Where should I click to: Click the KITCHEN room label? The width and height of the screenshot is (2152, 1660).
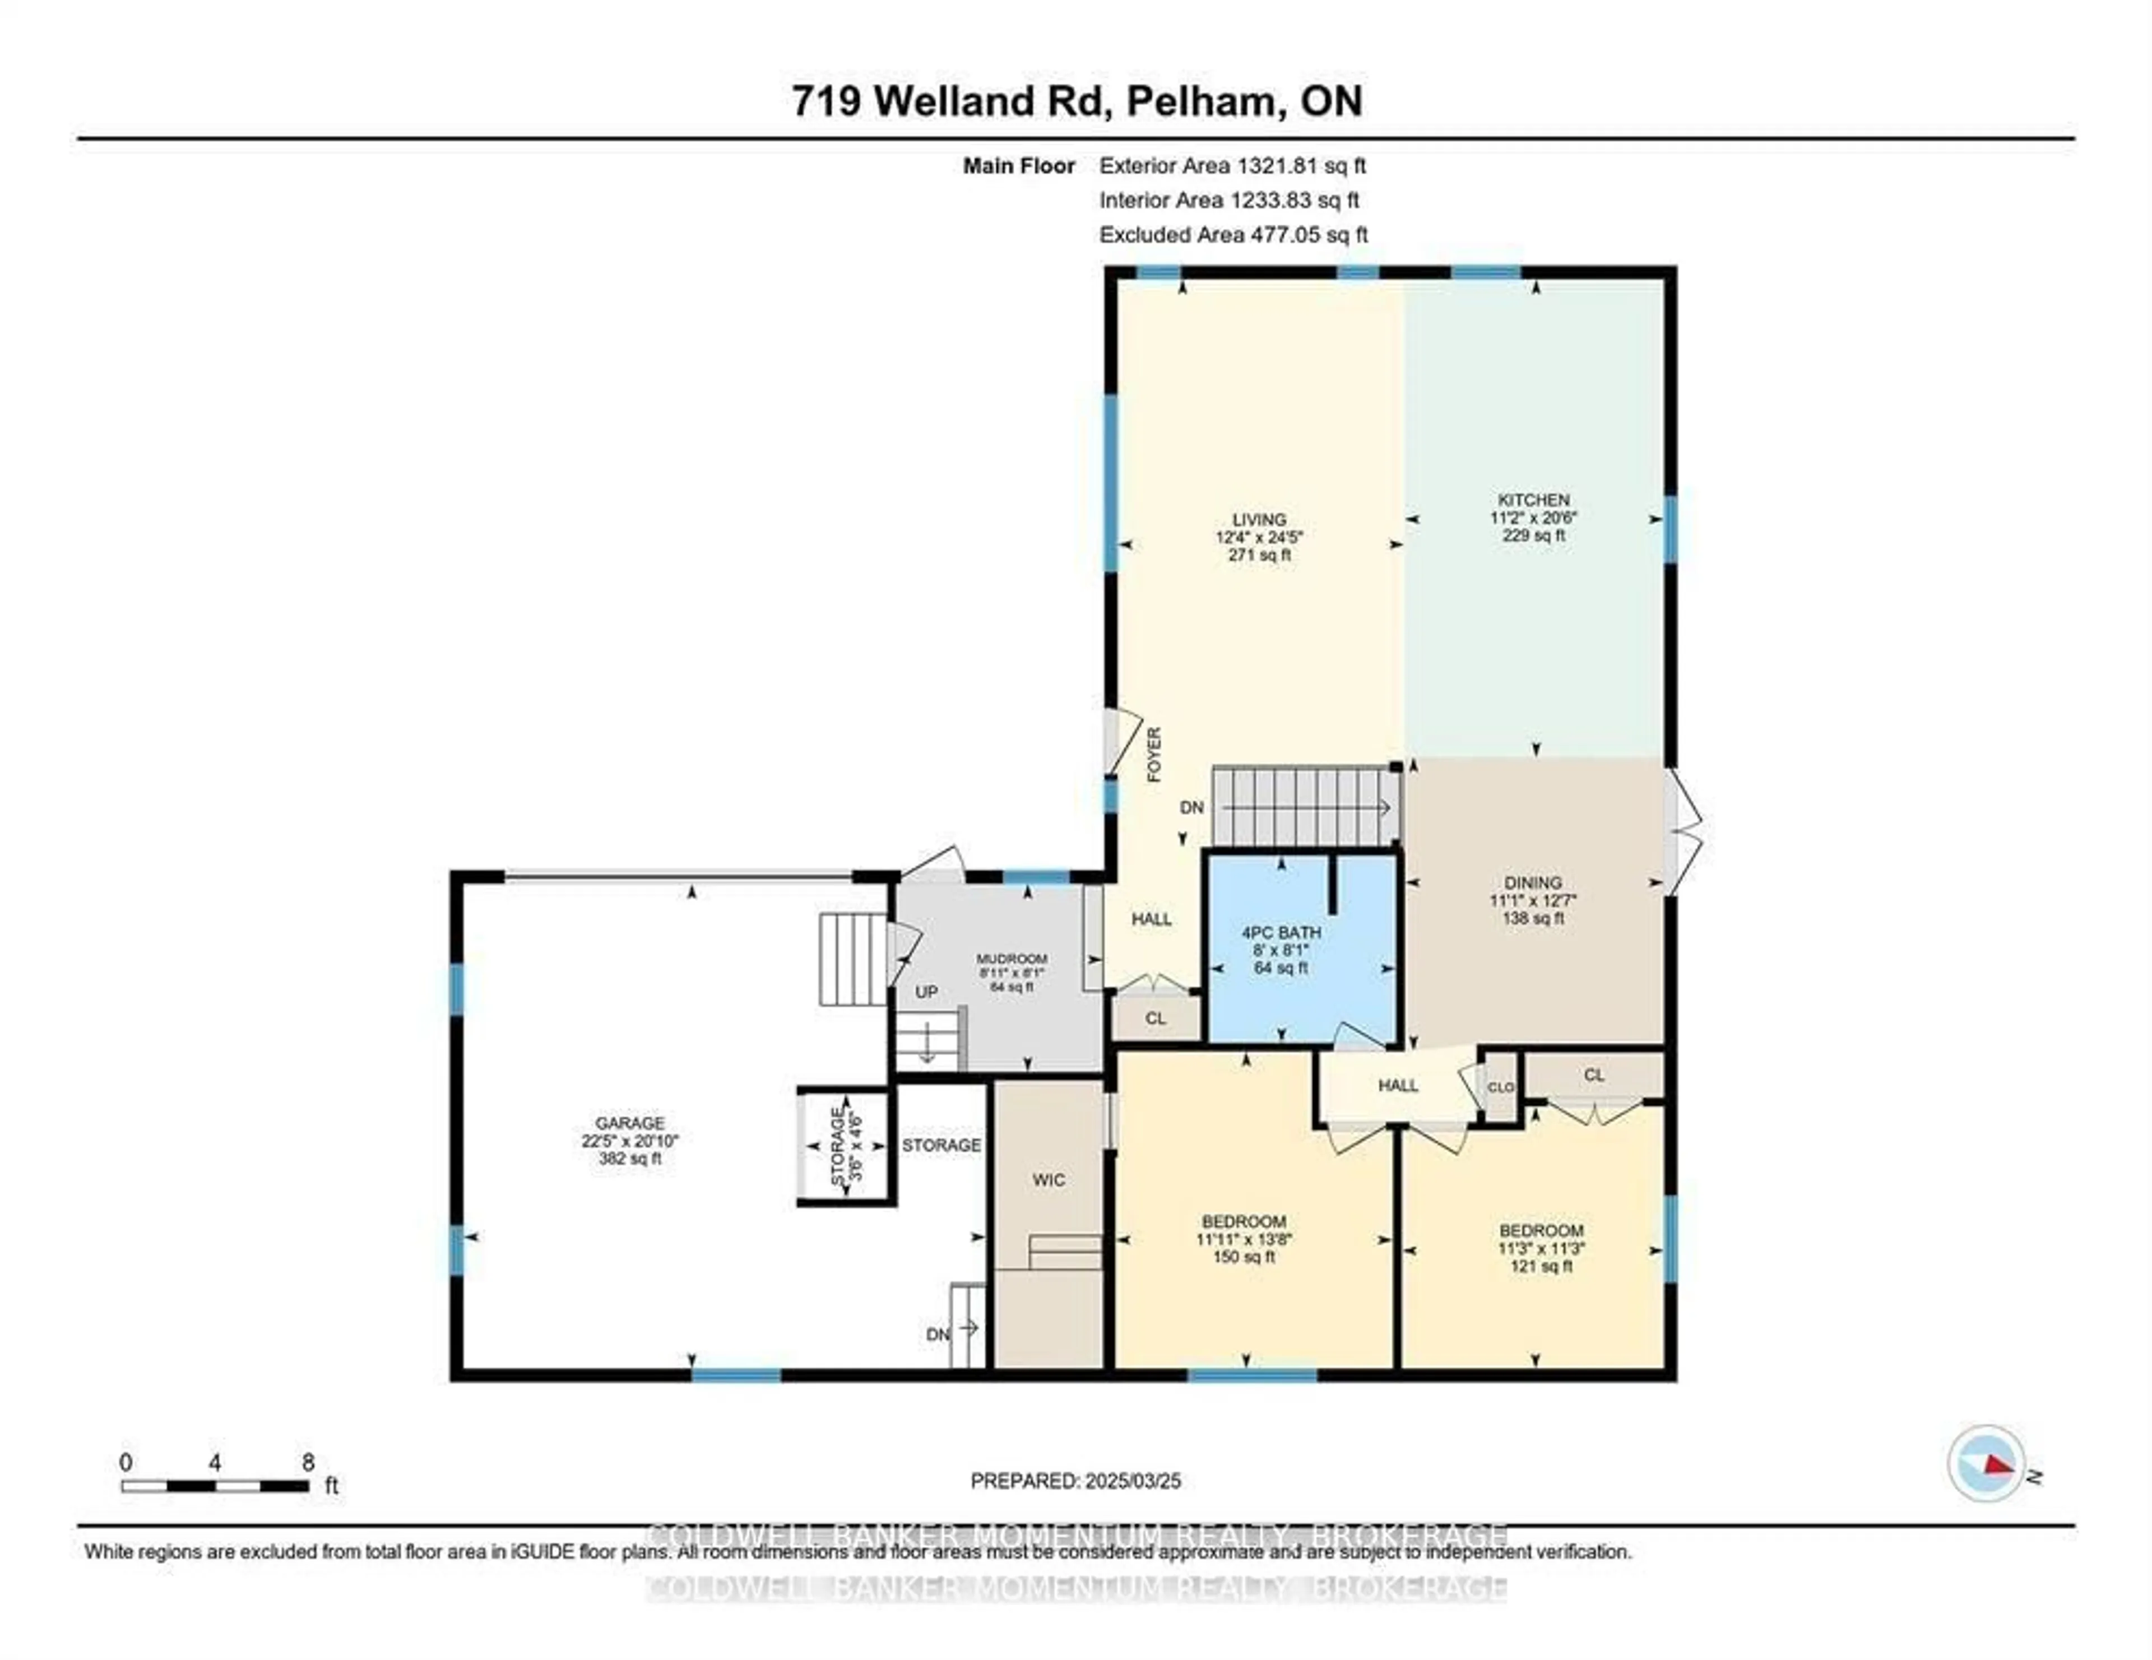coord(1533,500)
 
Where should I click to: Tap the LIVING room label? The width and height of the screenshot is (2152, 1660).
coord(1259,520)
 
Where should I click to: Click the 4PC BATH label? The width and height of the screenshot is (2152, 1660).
coord(1281,932)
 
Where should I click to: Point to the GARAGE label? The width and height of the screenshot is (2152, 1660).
coord(630,1123)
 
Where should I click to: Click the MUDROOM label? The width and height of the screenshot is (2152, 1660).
coord(1012,959)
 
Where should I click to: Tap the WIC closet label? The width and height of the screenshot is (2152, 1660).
coord(1049,1180)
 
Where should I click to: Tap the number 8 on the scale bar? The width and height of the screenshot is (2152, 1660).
coord(308,1463)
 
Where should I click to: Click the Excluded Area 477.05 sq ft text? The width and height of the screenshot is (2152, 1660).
coord(1233,235)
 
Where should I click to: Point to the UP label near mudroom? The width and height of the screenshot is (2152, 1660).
coord(926,992)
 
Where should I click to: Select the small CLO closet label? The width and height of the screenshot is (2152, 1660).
coord(1500,1087)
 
